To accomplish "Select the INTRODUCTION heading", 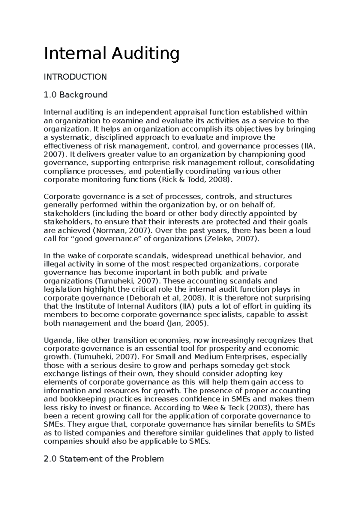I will [x=75, y=77].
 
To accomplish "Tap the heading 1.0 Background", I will [x=76, y=95].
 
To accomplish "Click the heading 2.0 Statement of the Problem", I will [x=104, y=459].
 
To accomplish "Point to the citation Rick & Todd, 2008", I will [x=194, y=180].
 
